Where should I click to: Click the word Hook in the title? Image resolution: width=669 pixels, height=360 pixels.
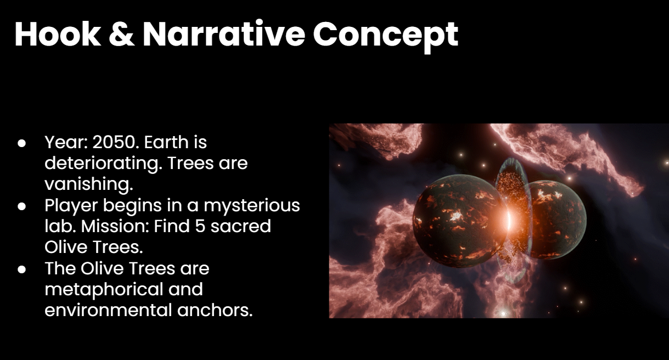(x=58, y=34)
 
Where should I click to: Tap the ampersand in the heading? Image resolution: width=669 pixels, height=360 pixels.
(x=121, y=34)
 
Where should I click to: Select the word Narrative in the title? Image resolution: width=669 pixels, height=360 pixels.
(x=224, y=34)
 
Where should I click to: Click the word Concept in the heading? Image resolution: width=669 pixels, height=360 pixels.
(x=386, y=36)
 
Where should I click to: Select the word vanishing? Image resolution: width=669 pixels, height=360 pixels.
(x=89, y=184)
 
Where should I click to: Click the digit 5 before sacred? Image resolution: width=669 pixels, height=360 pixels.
(x=200, y=226)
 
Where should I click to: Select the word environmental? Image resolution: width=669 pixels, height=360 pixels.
(x=108, y=310)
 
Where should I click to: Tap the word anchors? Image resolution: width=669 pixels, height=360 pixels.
(x=215, y=310)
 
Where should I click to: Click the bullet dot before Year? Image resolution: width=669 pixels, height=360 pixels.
(x=21, y=143)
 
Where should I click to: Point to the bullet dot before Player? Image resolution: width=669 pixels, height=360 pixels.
(x=21, y=206)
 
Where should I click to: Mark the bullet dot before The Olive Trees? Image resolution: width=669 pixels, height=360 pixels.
(x=21, y=269)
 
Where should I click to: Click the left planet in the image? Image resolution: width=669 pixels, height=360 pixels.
(x=457, y=221)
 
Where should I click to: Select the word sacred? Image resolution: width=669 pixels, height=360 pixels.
(x=241, y=226)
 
